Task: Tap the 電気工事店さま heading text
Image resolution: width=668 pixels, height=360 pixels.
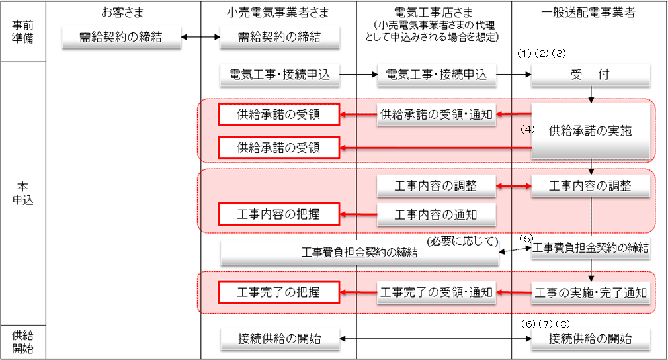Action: (433, 12)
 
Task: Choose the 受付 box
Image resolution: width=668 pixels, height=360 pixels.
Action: (590, 75)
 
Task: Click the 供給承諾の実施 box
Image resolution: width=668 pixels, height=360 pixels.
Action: (590, 131)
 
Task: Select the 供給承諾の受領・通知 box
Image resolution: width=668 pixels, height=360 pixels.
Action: (436, 114)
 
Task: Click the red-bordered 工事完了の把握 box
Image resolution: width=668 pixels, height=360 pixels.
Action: (278, 292)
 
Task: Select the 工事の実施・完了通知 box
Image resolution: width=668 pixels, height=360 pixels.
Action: (590, 292)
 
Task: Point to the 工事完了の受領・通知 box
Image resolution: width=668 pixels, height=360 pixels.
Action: (436, 292)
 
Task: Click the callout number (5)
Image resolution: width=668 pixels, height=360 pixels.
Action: (526, 238)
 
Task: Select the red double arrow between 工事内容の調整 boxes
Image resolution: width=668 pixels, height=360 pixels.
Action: (513, 187)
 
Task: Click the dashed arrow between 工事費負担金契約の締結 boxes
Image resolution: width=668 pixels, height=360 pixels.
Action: (513, 250)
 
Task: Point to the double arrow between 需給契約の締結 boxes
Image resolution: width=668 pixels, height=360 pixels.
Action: (200, 38)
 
